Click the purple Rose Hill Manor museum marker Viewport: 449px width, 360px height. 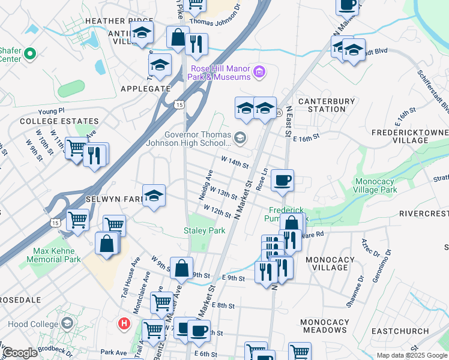[x=259, y=73]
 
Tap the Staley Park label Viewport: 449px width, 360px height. [x=204, y=231]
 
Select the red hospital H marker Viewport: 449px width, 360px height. [x=124, y=323]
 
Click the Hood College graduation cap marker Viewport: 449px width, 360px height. [x=67, y=323]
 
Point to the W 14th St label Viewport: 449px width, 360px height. [x=235, y=163]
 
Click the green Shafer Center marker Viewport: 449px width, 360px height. [x=28, y=55]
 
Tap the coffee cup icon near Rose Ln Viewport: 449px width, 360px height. [x=282, y=180]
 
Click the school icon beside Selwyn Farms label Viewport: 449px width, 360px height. [x=154, y=196]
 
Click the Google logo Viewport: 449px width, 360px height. [x=19, y=353]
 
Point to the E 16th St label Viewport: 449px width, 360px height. [x=307, y=137]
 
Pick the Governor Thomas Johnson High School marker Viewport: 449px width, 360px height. [x=240, y=139]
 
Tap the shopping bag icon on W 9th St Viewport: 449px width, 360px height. [x=181, y=268]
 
